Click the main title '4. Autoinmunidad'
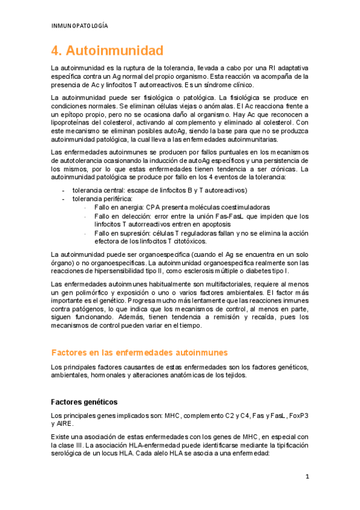(x=107, y=50)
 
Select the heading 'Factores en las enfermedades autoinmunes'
(x=139, y=352)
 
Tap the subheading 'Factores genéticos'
(x=84, y=401)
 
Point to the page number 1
(x=307, y=477)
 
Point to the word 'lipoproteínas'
(x=72, y=123)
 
